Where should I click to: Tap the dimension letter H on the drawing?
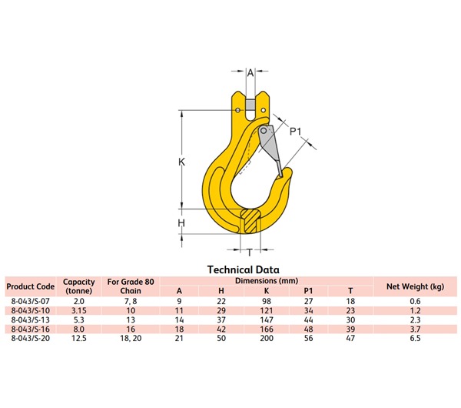(182, 223)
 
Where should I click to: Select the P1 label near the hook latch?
(294, 132)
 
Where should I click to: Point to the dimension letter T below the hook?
(250, 252)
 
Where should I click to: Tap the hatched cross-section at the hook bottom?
(250, 219)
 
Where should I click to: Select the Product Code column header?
(29, 286)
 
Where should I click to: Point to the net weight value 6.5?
(415, 338)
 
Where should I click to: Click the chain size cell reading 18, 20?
(130, 338)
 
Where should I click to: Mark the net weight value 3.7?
(415, 329)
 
